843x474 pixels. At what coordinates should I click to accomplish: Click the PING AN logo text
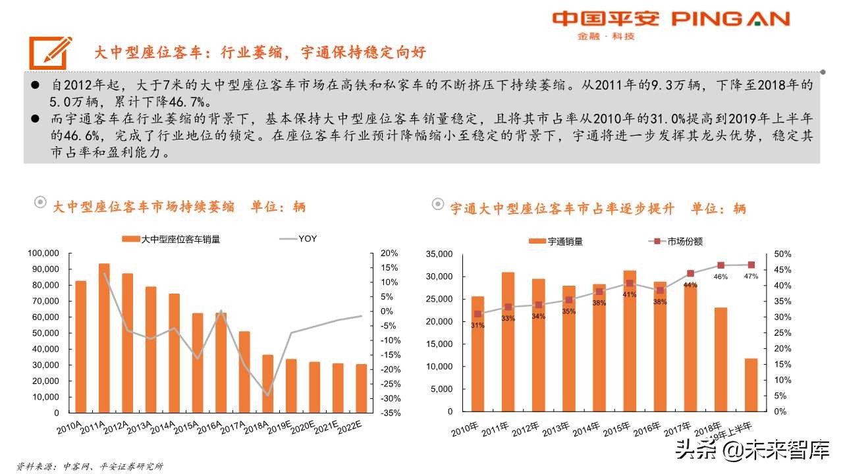[x=730, y=18]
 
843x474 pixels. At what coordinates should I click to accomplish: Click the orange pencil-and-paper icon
[x=50, y=50]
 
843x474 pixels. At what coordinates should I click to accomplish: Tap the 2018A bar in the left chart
[x=267, y=384]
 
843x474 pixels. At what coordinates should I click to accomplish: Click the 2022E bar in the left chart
[x=361, y=388]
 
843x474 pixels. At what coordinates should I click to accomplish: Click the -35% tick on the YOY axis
[x=389, y=413]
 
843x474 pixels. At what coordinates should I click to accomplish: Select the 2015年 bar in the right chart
[x=630, y=341]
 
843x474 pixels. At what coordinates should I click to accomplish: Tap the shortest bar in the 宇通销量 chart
[x=751, y=385]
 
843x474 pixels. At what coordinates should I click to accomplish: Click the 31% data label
[x=477, y=325]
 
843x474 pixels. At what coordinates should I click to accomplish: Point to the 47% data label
[x=751, y=276]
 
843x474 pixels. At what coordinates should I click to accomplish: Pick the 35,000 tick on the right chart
[x=440, y=254]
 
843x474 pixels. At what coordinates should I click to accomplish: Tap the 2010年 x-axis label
[x=466, y=431]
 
